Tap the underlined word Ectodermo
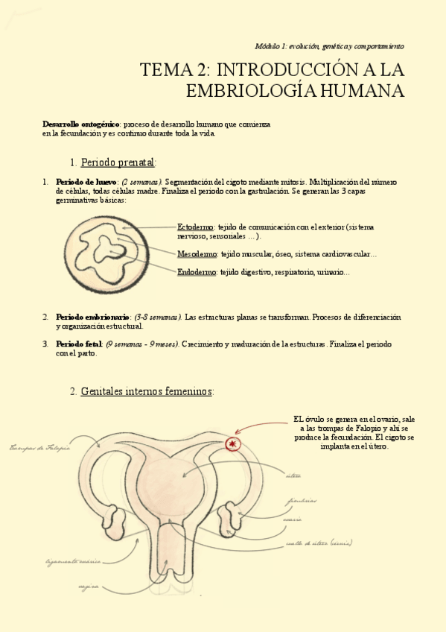[x=196, y=227]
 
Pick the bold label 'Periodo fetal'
[x=80, y=344]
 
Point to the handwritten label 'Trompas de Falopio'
[x=39, y=447]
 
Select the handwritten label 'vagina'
[x=89, y=587]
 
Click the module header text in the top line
[x=329, y=45]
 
